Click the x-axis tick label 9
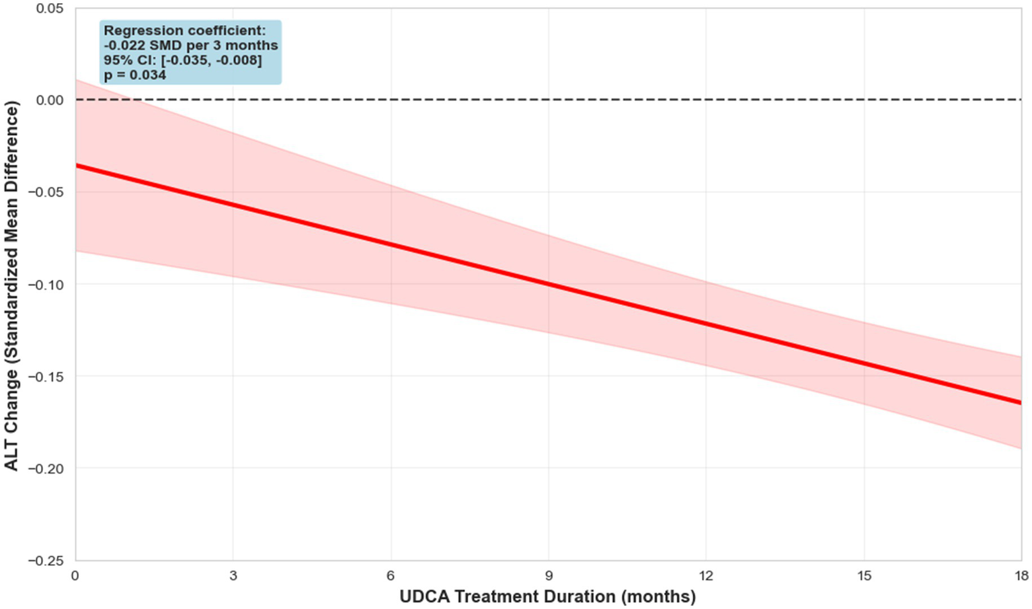pos(549,576)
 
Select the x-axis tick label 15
pos(864,576)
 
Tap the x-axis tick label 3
pos(233,576)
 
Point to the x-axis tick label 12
pos(706,576)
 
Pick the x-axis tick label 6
pos(391,576)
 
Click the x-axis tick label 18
pos(1021,576)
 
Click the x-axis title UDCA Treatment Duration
pos(547,597)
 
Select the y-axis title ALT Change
pos(11,285)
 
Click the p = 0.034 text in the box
pos(134,75)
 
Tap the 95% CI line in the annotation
pos(182,60)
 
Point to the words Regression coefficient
pos(184,30)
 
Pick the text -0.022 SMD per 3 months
pos(190,45)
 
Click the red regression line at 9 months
pos(549,284)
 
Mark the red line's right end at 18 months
pos(1020,402)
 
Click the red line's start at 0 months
pos(77,166)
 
